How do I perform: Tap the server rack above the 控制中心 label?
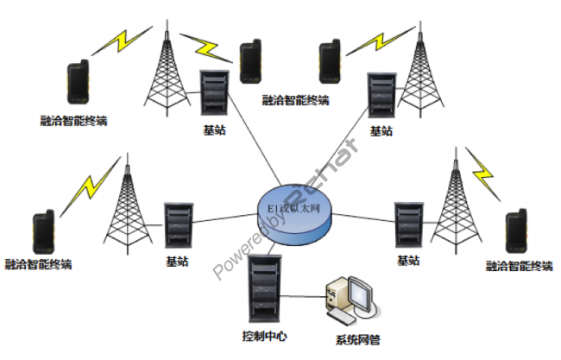coord(264,288)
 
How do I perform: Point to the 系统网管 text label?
coord(356,341)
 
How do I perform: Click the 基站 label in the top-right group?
coord(381,131)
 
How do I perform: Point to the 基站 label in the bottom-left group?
coord(177,260)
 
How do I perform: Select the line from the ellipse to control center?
coord(273,245)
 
